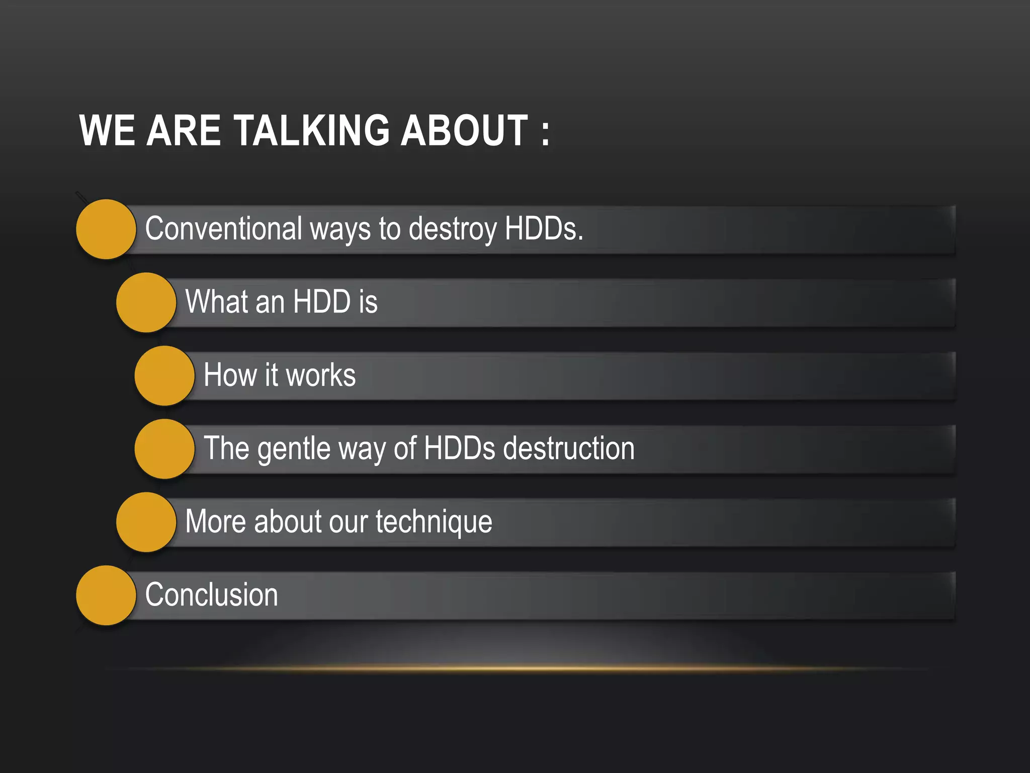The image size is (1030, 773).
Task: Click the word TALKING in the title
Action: click(x=312, y=130)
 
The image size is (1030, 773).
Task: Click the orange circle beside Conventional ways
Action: click(x=106, y=229)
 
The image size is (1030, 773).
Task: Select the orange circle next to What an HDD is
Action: click(x=146, y=302)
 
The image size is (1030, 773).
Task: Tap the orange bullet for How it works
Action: click(x=164, y=376)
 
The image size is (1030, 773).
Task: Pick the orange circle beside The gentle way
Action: click(x=164, y=449)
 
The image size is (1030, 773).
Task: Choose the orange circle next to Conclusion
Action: click(x=106, y=595)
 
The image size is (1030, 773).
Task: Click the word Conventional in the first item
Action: click(x=224, y=228)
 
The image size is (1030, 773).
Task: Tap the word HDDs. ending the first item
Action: click(x=544, y=228)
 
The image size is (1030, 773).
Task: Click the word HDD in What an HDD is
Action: click(x=321, y=302)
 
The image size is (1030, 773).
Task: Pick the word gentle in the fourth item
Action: click(x=294, y=449)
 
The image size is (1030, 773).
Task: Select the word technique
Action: click(x=434, y=522)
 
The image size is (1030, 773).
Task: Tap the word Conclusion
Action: click(x=211, y=595)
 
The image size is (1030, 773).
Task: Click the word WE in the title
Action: click(x=107, y=130)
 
